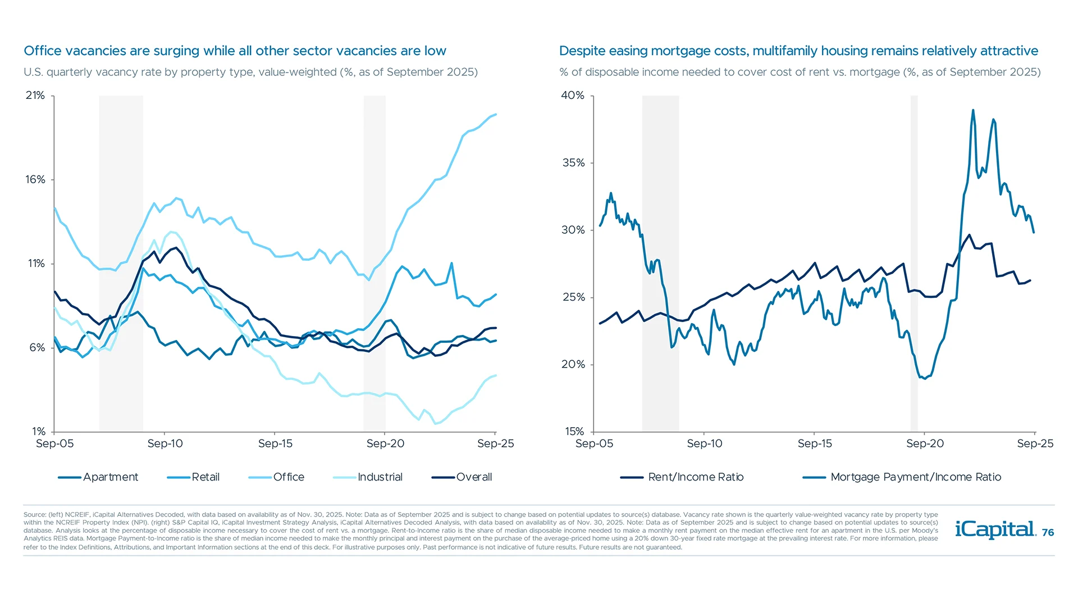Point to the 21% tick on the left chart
[x=35, y=96]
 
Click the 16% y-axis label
[x=35, y=180]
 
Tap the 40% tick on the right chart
[x=573, y=96]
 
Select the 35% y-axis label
[x=573, y=163]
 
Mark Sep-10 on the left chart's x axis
[x=165, y=443]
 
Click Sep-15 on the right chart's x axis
[x=815, y=443]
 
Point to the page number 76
[x=1048, y=533]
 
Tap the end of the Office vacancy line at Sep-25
[x=496, y=115]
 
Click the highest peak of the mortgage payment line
[x=973, y=110]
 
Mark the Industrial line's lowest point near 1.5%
[x=436, y=423]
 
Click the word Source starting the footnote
[x=34, y=514]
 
